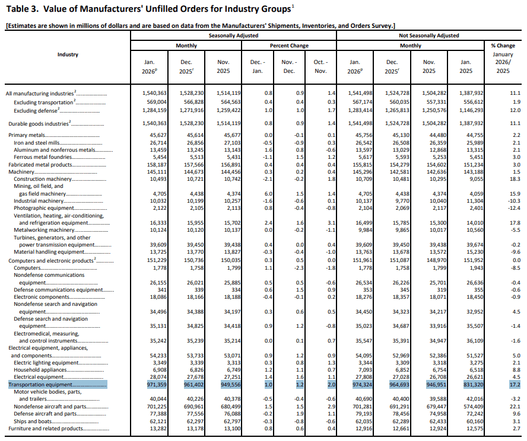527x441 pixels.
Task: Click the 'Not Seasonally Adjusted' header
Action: click(428, 36)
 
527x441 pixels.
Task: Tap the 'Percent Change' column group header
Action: click(289, 46)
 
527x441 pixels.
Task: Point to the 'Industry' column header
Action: click(68, 55)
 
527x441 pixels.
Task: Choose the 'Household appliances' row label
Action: click(40, 369)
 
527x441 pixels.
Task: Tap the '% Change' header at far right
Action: click(503, 46)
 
